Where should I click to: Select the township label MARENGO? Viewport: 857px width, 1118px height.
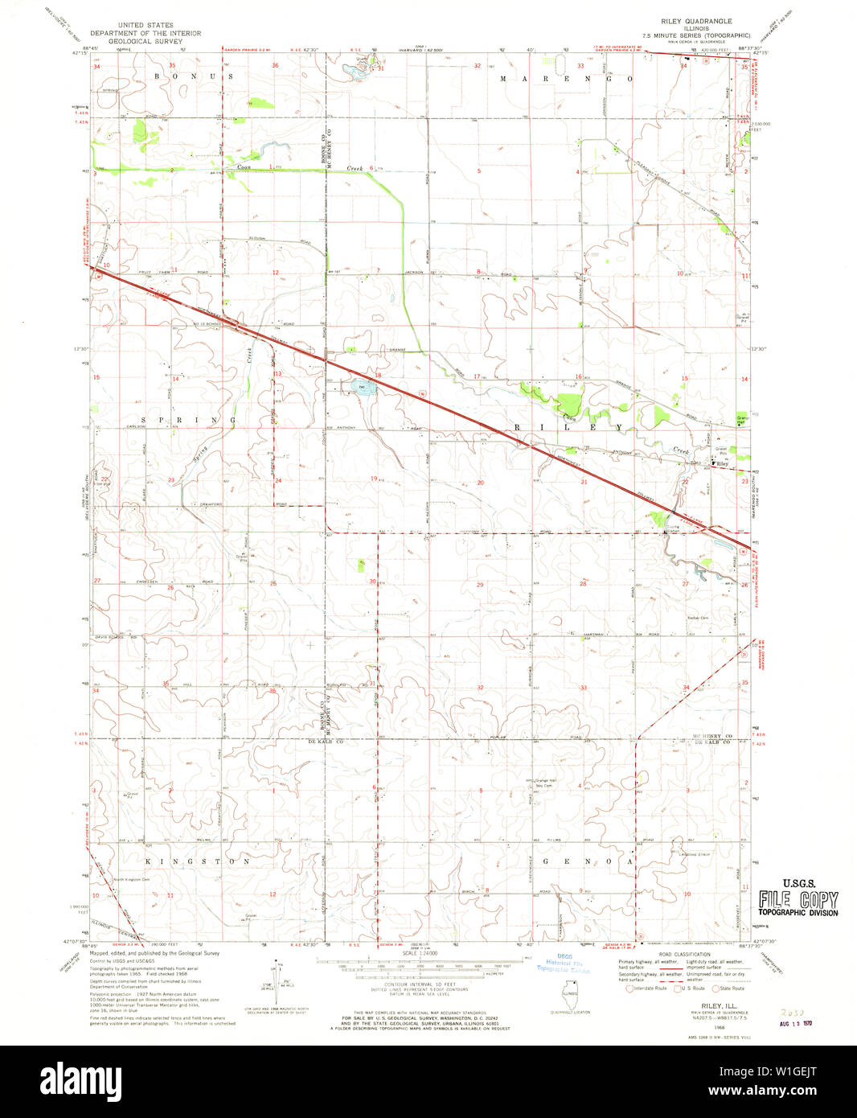(566, 80)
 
